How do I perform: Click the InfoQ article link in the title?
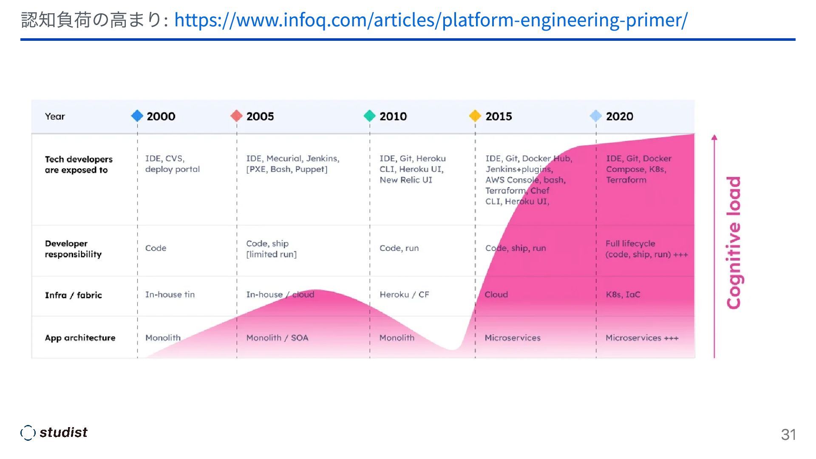(x=431, y=20)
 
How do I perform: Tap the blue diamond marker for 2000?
(x=137, y=116)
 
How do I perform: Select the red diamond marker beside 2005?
(x=236, y=116)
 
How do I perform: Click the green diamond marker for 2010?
(x=370, y=116)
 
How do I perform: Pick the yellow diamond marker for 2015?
(x=475, y=116)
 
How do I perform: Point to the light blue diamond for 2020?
(x=596, y=116)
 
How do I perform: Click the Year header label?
(x=55, y=116)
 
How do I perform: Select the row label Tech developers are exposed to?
(x=79, y=164)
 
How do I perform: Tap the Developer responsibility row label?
(x=73, y=249)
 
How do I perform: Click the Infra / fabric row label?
(x=74, y=295)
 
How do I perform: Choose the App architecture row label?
(x=80, y=338)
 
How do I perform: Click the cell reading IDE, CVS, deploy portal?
(x=172, y=164)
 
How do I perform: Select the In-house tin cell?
(x=170, y=295)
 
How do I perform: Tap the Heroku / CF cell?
(x=404, y=295)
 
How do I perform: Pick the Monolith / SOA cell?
(x=277, y=338)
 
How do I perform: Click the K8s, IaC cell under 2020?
(x=623, y=295)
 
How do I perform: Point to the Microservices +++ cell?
(x=642, y=338)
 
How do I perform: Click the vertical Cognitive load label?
(x=734, y=243)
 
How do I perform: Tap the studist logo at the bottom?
(x=54, y=433)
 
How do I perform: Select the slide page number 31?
(x=788, y=434)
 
